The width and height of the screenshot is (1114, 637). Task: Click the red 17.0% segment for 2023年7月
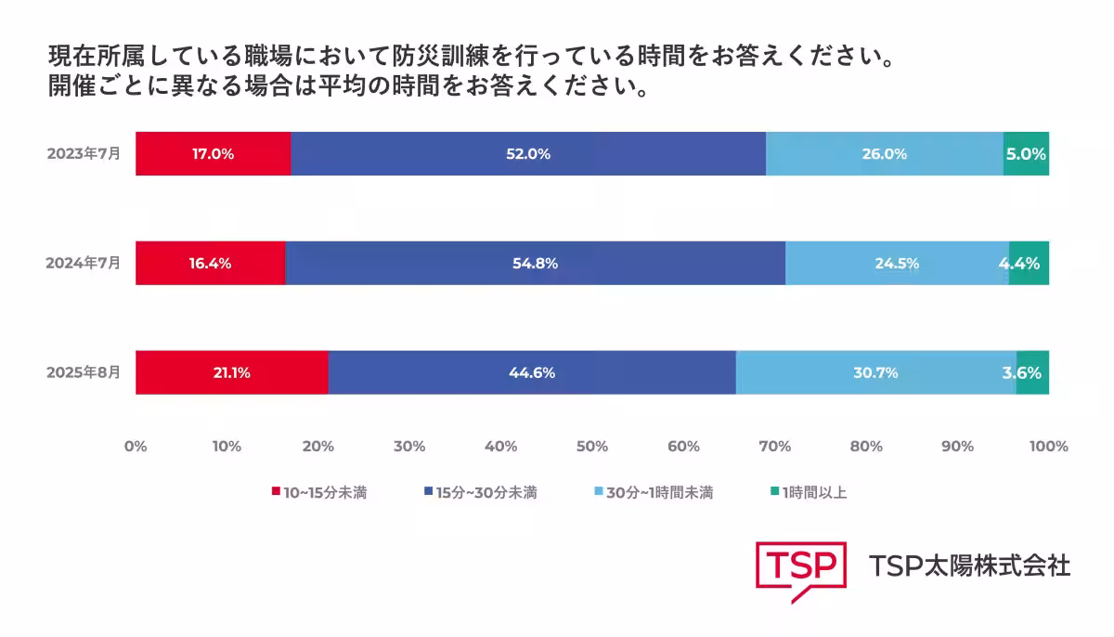point(213,154)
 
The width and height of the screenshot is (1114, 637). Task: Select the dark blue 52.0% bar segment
point(527,154)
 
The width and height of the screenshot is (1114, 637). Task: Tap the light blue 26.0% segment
point(884,154)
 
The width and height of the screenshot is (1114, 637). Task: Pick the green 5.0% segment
point(1026,154)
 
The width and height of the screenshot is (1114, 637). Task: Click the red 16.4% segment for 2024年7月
point(210,263)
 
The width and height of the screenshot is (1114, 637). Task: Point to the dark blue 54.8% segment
point(535,263)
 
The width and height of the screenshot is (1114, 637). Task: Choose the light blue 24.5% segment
point(896,263)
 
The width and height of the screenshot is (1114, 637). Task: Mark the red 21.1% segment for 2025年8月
point(231,372)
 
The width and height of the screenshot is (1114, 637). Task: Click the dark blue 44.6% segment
point(531,372)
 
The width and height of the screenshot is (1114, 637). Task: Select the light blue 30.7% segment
point(875,372)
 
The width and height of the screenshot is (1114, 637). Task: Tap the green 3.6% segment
point(1032,372)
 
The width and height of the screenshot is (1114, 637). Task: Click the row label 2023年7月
point(84,154)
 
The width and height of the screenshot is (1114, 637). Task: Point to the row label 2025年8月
point(84,372)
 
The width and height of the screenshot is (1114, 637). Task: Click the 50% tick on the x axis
point(592,447)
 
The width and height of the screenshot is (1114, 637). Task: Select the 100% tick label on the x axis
point(1049,447)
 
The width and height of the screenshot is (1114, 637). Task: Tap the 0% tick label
point(136,447)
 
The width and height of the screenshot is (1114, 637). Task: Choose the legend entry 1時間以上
point(809,493)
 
